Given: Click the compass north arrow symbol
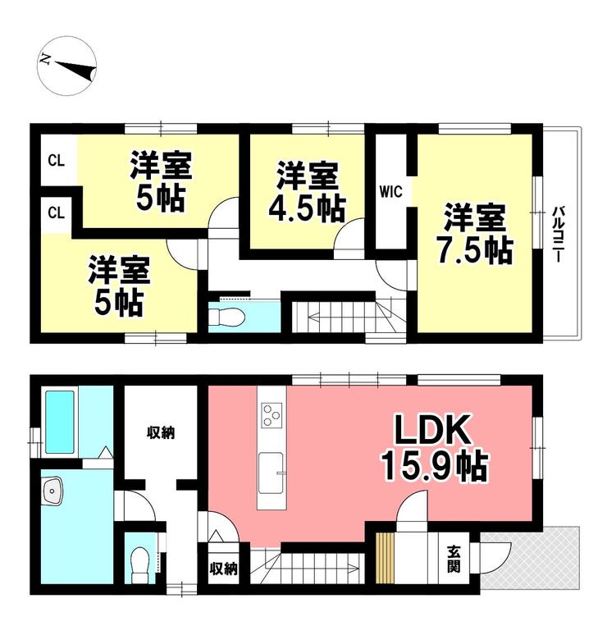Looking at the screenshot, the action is tap(66, 66).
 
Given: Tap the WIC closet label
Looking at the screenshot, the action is tap(390, 192).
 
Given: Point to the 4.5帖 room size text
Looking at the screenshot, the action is tap(307, 208).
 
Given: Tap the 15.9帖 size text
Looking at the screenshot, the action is tap(435, 466).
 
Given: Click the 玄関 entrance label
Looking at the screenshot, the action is tap(454, 559).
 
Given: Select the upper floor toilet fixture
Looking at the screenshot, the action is tap(226, 317).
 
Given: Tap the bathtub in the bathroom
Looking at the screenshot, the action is tap(60, 422).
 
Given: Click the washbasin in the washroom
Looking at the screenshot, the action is tap(52, 491).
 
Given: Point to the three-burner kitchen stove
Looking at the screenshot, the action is tap(272, 415).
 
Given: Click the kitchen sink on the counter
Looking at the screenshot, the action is tap(272, 473).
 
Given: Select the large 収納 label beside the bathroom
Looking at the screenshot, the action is tap(161, 432).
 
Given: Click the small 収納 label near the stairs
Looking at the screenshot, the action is tap(223, 569).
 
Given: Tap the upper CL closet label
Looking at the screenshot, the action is tap(57, 161).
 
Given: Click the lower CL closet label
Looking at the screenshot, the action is tap(57, 212).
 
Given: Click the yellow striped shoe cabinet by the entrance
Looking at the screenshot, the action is tap(385, 558).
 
